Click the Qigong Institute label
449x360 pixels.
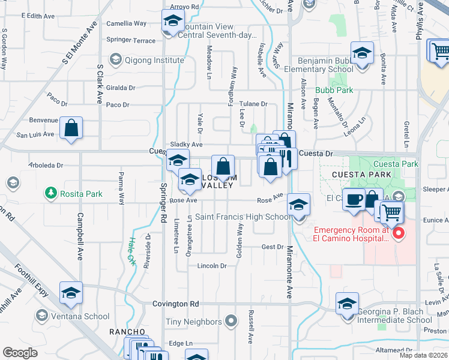(x=154, y=60)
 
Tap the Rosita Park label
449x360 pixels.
(x=79, y=194)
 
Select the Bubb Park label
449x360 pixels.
(x=334, y=91)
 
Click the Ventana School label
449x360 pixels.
(x=80, y=316)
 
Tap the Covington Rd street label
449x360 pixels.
(x=175, y=304)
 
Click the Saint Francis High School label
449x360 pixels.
(x=243, y=217)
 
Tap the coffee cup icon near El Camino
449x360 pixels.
(x=354, y=200)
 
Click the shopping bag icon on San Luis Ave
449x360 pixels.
(x=71, y=128)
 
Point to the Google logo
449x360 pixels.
(x=20, y=353)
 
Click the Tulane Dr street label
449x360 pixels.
(x=254, y=104)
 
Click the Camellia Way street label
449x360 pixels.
(x=126, y=23)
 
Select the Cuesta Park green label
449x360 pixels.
(x=396, y=164)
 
